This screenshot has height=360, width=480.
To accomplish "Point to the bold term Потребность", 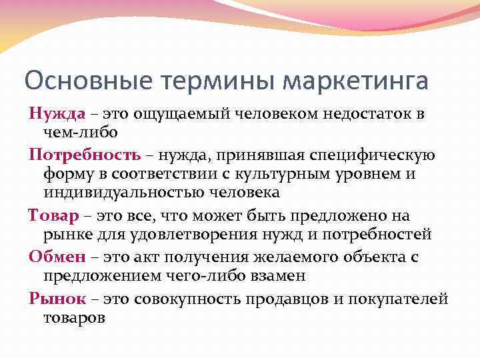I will pyautogui.click(x=85, y=155).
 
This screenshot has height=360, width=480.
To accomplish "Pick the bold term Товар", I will pyautogui.click(x=54, y=216).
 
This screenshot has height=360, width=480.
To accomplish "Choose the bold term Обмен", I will pyautogui.click(x=57, y=257).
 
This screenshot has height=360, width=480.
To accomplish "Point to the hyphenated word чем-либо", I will pyautogui.click(x=71, y=133).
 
